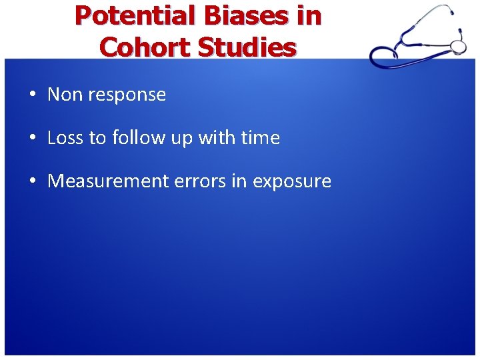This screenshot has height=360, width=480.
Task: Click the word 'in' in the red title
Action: tap(309, 16)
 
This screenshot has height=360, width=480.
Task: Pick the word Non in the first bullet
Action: tap(63, 95)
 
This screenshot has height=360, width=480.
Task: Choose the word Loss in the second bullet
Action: tap(65, 138)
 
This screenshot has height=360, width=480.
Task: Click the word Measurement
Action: tap(107, 181)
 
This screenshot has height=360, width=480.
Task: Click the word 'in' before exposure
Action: tap(238, 181)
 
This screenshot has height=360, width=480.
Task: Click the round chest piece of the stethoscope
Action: tap(458, 45)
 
